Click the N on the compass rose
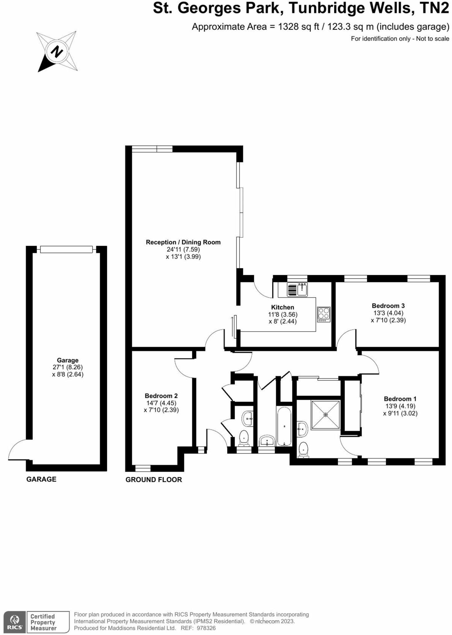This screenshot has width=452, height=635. (x=57, y=51)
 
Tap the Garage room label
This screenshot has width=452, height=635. (x=67, y=360)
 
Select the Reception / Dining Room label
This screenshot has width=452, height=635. (x=183, y=242)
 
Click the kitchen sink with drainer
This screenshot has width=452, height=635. (x=297, y=290)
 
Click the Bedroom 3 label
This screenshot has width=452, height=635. (x=388, y=306)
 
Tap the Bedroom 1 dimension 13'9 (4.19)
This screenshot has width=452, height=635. (x=400, y=406)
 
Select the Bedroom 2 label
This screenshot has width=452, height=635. (x=161, y=396)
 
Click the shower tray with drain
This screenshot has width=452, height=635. (x=326, y=415)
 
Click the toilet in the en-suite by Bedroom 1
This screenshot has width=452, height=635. (x=303, y=449)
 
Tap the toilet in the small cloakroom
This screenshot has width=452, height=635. (x=244, y=437)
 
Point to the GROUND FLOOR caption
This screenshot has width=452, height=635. (x=154, y=480)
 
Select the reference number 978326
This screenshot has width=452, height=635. (x=206, y=628)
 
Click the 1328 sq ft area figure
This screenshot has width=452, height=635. (x=298, y=27)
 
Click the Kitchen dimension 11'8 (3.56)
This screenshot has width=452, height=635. (x=283, y=314)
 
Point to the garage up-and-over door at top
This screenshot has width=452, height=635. (x=66, y=249)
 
